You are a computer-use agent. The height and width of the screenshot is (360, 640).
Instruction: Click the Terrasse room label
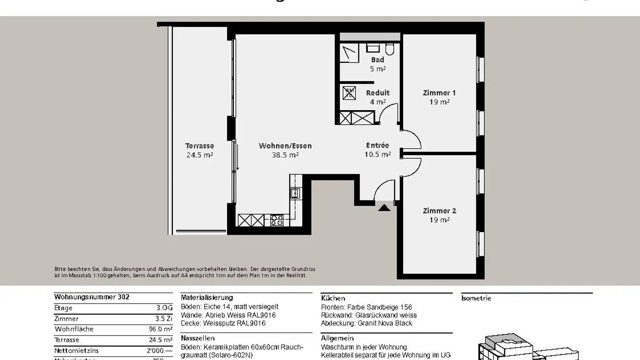coord(200,146)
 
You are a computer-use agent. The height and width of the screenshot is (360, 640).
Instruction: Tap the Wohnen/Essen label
coord(285,146)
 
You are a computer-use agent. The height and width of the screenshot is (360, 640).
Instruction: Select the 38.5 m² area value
coord(285,155)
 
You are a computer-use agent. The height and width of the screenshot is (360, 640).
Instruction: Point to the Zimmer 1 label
coord(439,93)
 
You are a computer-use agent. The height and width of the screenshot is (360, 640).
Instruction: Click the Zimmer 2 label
coord(439,211)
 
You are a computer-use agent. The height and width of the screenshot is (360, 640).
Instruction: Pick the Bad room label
coord(378,60)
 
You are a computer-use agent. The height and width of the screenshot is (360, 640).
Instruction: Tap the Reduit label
coord(378,93)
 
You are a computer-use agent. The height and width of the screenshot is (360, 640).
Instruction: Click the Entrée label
coord(377,145)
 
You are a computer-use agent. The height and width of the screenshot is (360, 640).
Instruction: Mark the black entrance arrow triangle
coord(384,207)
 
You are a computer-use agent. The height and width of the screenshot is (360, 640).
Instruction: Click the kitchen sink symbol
coord(295,193)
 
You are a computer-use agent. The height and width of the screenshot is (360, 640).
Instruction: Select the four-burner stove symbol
coord(277,220)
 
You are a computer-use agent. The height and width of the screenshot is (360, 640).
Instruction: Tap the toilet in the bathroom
coord(390,48)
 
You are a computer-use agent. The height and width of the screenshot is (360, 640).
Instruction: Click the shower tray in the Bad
coord(350,53)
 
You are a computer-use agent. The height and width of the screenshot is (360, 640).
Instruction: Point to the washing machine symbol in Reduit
coord(349,93)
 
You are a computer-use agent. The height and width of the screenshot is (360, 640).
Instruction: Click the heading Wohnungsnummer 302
coord(92,297)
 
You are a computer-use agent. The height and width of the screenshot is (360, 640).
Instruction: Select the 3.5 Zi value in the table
coord(164,319)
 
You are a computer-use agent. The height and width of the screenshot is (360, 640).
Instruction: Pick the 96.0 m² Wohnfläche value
coord(160,329)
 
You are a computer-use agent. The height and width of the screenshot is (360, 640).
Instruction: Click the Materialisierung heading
coord(207,297)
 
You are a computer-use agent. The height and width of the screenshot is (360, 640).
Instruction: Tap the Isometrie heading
coord(476,298)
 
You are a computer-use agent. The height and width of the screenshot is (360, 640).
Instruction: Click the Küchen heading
coord(333,298)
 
